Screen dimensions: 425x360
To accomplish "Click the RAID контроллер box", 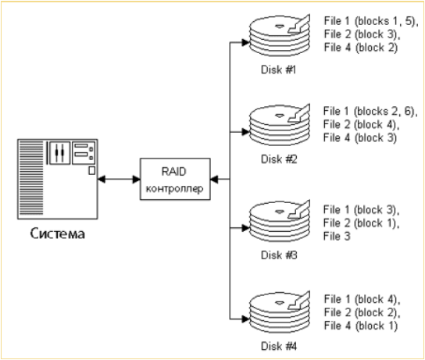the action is [x=175, y=179].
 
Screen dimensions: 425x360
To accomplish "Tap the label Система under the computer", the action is [x=58, y=233].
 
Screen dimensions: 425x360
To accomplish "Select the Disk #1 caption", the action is [x=278, y=70].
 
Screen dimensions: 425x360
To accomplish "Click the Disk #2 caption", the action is [x=279, y=159].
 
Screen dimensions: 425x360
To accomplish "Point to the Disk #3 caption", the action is [x=279, y=255].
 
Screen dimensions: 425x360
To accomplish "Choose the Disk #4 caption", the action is [x=279, y=346].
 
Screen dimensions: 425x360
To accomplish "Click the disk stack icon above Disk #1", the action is [x=280, y=35].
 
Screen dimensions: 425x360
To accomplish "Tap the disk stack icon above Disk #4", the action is [x=280, y=312].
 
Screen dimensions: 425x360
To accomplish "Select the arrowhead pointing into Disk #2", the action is [x=245, y=132].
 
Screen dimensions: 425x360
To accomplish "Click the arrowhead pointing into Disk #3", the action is [x=245, y=228].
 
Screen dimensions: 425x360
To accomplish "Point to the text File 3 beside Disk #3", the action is [x=337, y=236].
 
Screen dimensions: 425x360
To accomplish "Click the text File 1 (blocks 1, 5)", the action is [x=371, y=21].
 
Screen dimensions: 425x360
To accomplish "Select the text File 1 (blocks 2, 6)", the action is [x=370, y=112].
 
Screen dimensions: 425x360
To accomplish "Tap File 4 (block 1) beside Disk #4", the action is [x=361, y=326].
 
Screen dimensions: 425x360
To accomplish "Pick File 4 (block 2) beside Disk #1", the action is [x=361, y=48].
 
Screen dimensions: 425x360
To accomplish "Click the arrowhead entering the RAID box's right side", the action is [x=214, y=179].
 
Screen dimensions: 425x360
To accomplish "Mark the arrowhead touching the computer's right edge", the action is [x=102, y=179].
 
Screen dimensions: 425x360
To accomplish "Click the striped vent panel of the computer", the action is [x=31, y=178].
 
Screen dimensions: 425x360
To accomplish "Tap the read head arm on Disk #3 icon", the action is [x=299, y=209].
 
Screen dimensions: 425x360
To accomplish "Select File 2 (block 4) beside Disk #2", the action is [x=362, y=125].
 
